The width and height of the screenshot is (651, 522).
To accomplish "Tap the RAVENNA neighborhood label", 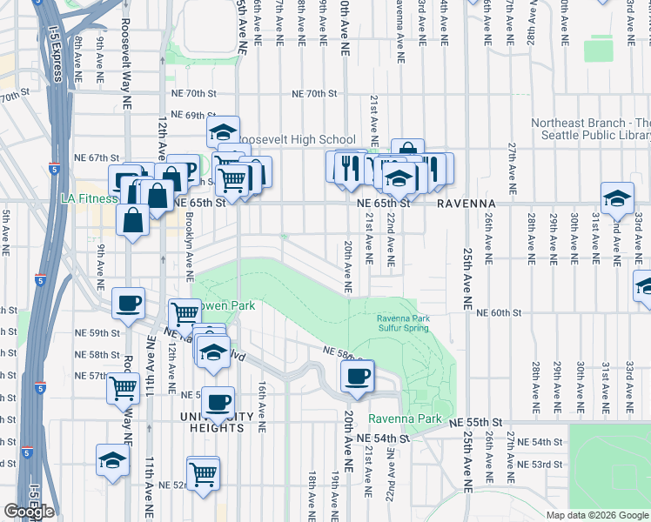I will (x=465, y=203).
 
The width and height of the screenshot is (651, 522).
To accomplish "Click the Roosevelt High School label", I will (x=297, y=139).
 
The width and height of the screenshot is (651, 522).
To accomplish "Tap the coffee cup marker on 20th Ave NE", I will (x=357, y=377).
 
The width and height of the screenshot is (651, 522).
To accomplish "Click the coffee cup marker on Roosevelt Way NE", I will (x=130, y=304).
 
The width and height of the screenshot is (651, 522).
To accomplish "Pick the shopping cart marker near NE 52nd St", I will (x=203, y=474).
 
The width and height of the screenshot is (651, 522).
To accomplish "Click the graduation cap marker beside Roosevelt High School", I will (x=223, y=133).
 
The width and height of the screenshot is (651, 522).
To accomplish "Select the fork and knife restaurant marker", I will (x=350, y=166).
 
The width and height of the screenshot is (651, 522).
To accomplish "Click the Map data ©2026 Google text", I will (x=597, y=514).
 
